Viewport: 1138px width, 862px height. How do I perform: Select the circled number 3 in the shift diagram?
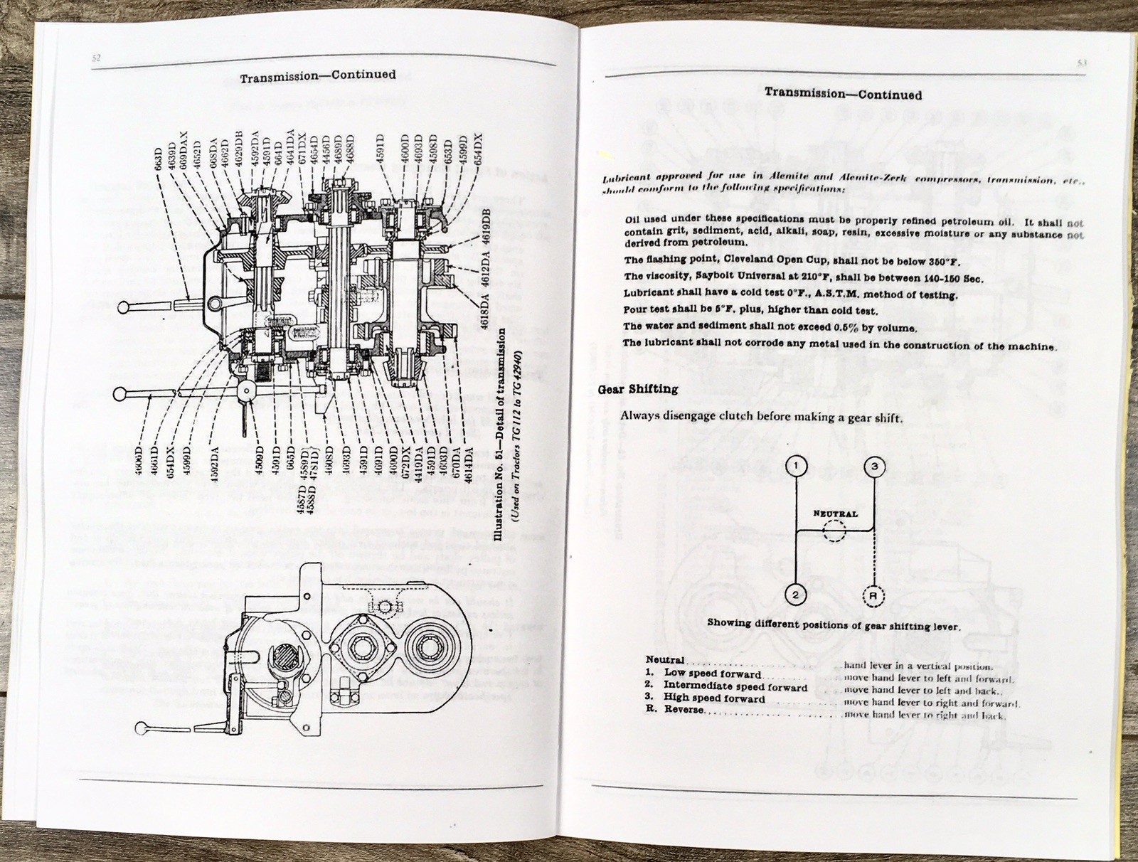point(874,467)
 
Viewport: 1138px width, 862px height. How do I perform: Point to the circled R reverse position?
point(874,596)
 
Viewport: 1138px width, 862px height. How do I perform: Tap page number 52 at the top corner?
point(96,59)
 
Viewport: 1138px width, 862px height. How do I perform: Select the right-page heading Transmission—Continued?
point(843,94)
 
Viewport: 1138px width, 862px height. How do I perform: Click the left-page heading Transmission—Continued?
point(317,75)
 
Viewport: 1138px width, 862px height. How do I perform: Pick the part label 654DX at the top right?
point(477,151)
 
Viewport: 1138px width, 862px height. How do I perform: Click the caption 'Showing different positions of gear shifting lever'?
point(833,625)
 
